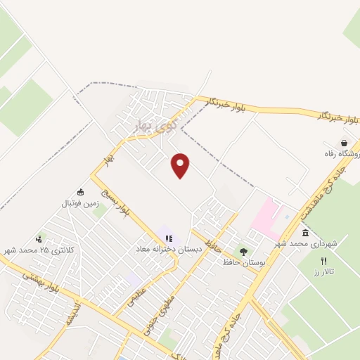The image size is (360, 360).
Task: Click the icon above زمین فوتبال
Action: coord(80,192)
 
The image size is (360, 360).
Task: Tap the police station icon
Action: coord(40,238)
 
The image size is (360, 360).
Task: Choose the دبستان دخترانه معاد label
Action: coord(169,250)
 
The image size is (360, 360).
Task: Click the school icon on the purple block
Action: coord(169,238)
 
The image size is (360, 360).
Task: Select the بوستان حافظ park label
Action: coord(243,262)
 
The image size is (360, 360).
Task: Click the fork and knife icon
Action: coord(323,260)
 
